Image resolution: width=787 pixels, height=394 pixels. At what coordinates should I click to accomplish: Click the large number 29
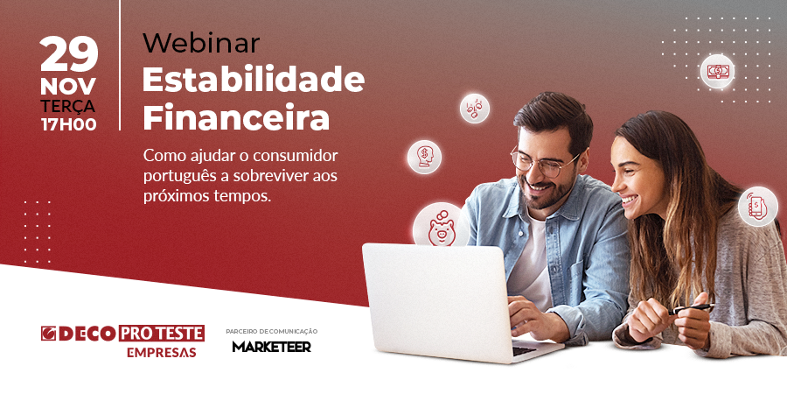69,55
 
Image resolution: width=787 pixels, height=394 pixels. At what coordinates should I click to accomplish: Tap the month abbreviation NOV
68,87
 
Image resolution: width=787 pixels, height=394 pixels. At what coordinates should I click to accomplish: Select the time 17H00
69,124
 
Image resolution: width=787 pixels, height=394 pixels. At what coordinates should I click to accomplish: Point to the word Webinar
201,43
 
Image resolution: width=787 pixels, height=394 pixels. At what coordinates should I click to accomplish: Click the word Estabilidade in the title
254,79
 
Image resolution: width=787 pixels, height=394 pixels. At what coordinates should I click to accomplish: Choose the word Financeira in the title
236,117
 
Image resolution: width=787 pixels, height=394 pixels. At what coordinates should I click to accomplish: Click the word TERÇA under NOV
68,107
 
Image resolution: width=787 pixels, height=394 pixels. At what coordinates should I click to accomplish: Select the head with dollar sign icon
425,157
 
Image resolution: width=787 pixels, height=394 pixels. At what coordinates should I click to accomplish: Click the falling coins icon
474,108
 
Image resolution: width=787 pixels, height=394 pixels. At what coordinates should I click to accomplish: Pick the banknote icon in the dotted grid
717,72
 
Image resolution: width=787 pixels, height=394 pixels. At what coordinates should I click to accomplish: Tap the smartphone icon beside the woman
757,206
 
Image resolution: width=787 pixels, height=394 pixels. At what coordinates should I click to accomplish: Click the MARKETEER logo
272,346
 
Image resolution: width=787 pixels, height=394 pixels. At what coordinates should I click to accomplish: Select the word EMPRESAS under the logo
161,353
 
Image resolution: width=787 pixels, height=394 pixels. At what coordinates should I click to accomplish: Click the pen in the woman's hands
691,308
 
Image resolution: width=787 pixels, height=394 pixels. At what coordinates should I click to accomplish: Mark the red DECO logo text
87,334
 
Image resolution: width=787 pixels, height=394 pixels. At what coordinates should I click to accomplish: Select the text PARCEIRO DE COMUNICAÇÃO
272,332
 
